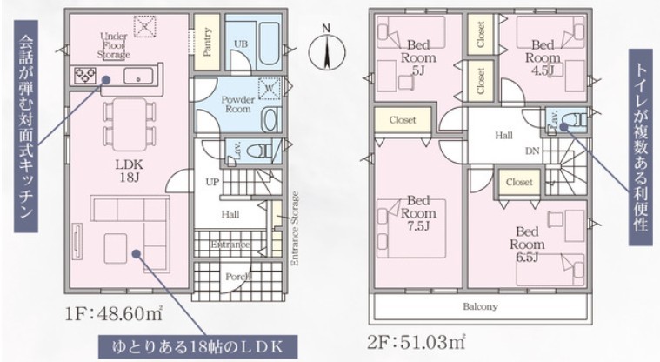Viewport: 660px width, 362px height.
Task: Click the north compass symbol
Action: (x=327, y=52)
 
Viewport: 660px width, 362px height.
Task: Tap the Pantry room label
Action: (x=207, y=42)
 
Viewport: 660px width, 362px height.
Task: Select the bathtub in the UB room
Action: (x=269, y=41)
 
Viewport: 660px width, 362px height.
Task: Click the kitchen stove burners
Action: (x=84, y=76)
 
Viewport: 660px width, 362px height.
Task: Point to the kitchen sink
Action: (x=138, y=76)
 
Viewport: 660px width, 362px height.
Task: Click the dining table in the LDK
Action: (x=130, y=124)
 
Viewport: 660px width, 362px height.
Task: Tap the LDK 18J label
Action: (x=130, y=171)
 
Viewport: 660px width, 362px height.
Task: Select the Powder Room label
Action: (x=237, y=104)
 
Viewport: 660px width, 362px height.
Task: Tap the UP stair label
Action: (x=212, y=182)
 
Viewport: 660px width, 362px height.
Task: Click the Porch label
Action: (x=238, y=277)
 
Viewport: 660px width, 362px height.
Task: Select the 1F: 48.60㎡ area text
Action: (x=114, y=313)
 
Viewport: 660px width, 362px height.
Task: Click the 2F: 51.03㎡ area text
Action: (x=417, y=342)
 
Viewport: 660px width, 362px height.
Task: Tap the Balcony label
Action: (x=480, y=306)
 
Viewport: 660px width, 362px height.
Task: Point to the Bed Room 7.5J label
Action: (x=418, y=213)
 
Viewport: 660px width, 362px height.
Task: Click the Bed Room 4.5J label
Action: (x=543, y=57)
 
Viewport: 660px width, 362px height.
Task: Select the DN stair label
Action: (x=532, y=151)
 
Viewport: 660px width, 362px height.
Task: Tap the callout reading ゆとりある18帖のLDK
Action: (x=198, y=347)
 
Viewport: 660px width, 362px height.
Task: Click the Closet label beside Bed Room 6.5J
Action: (x=519, y=182)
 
